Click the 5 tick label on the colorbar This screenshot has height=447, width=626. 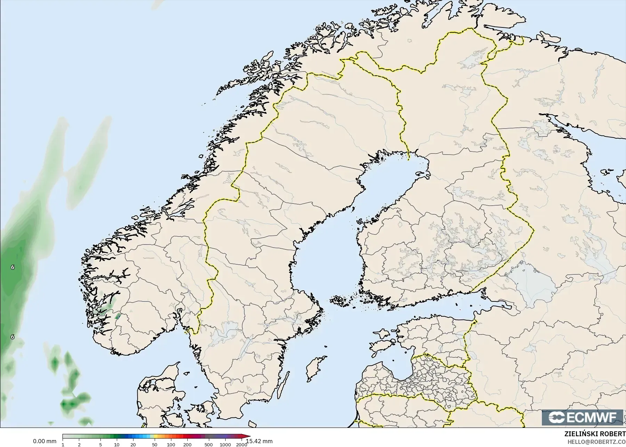click(100, 445)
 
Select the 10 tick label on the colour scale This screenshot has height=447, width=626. click(117, 445)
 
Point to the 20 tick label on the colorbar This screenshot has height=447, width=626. click(133, 445)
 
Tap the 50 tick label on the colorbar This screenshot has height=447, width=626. click(155, 445)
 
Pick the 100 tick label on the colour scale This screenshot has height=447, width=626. click(171, 445)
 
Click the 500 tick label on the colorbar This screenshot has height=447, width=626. click(209, 445)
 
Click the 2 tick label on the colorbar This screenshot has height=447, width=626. click(79, 445)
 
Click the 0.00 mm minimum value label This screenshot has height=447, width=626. click(44, 441)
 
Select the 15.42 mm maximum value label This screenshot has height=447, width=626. click(259, 441)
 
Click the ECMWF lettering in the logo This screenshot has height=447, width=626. click(590, 417)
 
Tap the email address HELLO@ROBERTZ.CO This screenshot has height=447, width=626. click(597, 442)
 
